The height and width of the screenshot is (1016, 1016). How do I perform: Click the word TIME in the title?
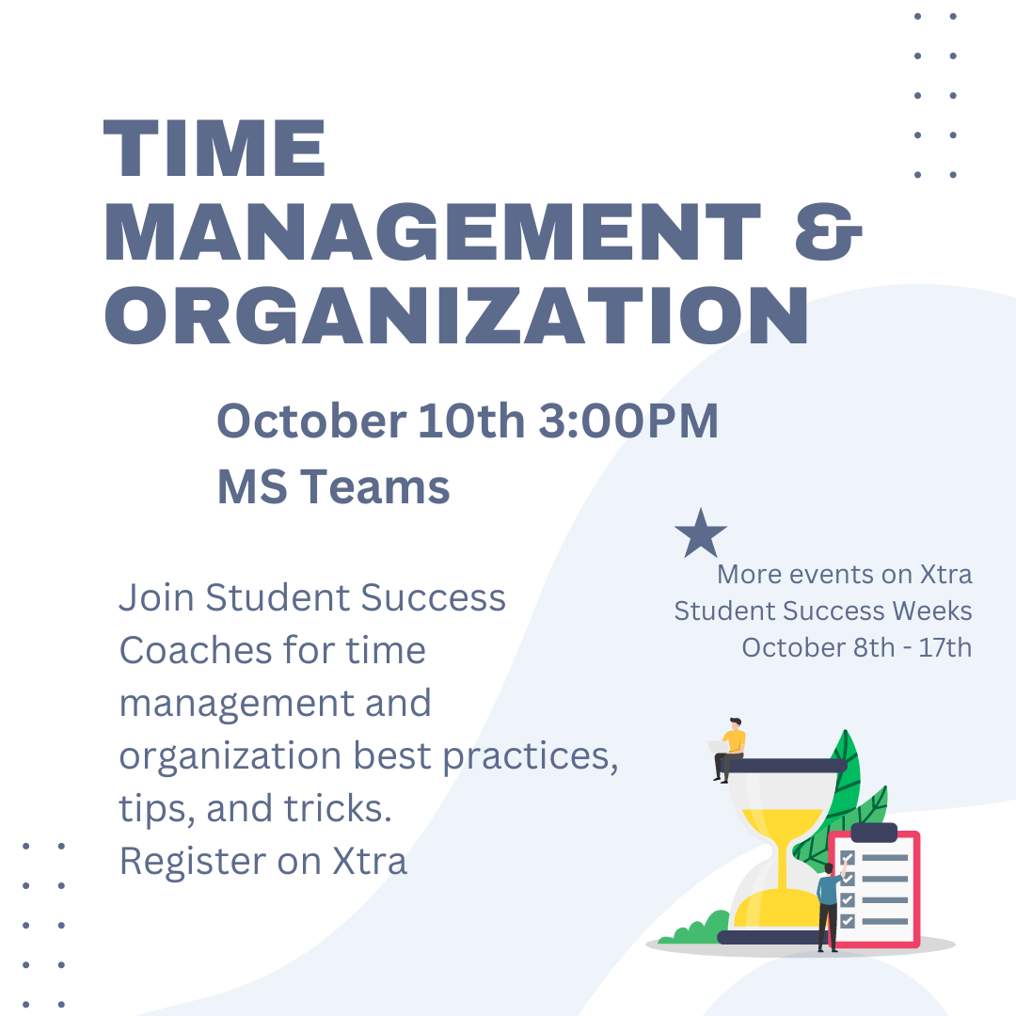click(215, 151)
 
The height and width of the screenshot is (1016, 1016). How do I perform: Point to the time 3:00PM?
click(627, 421)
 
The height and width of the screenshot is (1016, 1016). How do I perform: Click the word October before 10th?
click(310, 421)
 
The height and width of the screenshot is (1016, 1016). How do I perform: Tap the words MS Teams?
click(333, 487)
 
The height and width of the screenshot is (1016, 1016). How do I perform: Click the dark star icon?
click(701, 533)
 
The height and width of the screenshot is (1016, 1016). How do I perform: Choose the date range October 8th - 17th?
click(856, 648)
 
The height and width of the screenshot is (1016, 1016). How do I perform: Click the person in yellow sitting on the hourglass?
click(731, 749)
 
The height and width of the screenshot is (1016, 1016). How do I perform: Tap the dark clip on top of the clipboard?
click(874, 833)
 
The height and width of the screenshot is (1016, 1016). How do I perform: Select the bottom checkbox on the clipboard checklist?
click(848, 920)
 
